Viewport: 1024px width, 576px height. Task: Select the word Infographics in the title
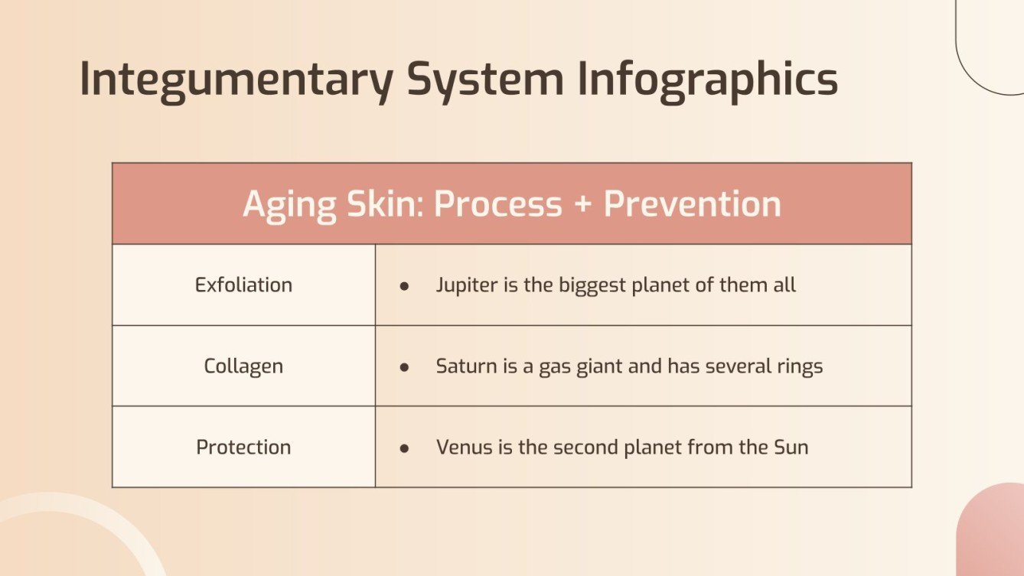point(707,80)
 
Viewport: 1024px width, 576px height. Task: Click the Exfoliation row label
point(243,285)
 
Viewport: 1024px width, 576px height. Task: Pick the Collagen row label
point(243,366)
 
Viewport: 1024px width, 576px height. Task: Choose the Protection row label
point(243,447)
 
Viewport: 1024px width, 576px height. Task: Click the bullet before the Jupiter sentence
point(404,286)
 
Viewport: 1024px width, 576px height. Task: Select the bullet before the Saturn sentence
point(404,367)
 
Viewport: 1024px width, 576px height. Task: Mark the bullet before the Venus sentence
point(404,447)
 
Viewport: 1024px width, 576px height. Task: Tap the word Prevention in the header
point(693,204)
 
